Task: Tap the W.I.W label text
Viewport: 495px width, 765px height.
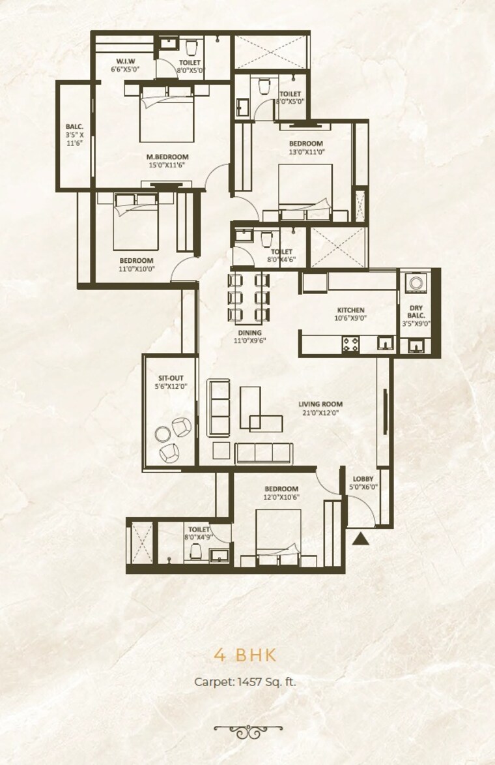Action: coord(126,61)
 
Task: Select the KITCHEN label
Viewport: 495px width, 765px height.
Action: coord(350,310)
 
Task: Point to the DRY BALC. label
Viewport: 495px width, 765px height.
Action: coord(416,311)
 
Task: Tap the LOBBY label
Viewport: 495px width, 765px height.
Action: coord(363,479)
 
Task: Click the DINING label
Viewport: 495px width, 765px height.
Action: coord(249,332)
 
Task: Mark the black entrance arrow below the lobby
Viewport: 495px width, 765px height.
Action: coord(360,539)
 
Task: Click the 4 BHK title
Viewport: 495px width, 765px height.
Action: coord(247,654)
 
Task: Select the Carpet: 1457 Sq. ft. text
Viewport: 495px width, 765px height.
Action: coord(247,682)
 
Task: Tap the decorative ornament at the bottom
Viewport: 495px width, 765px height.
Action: coord(247,731)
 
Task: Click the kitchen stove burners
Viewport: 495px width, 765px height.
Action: coord(350,344)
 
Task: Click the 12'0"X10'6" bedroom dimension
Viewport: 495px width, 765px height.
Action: coord(281,498)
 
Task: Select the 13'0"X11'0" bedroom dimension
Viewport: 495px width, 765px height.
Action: coord(306,151)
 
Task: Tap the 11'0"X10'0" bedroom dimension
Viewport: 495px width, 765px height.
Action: coord(135,269)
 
